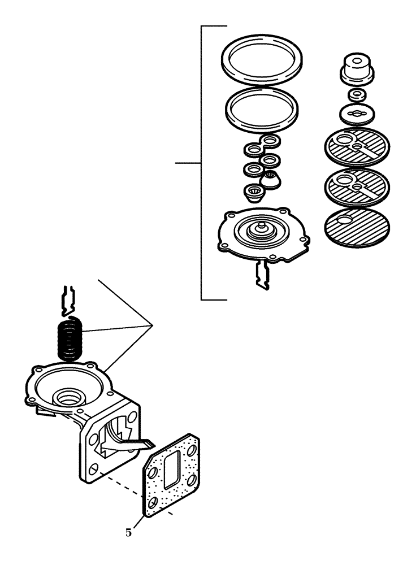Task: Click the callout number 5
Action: point(129,532)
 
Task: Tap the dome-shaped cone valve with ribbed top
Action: point(271,180)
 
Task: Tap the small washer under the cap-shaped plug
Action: point(356,93)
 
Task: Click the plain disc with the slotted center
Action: point(356,114)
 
